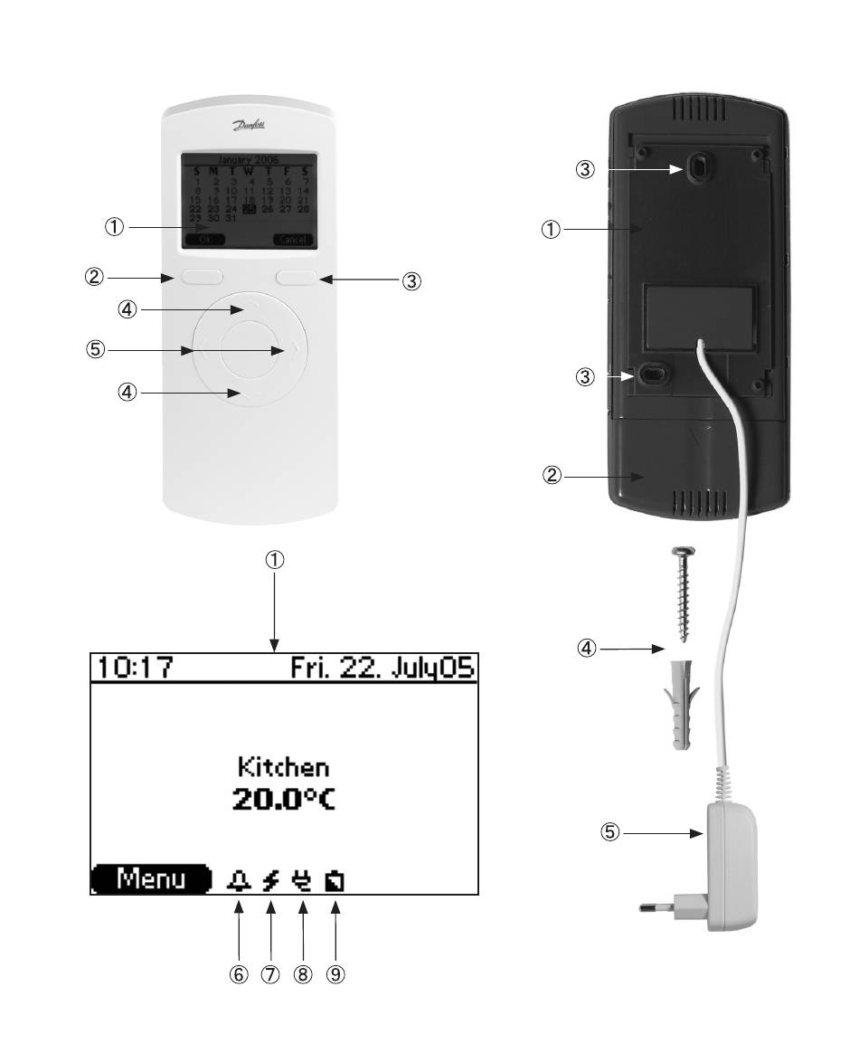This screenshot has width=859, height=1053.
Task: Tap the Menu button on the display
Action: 151,878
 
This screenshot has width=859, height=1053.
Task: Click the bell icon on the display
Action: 239,879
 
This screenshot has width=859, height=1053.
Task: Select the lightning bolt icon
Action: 269,879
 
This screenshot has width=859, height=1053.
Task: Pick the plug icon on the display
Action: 302,879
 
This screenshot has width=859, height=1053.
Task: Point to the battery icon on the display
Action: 335,879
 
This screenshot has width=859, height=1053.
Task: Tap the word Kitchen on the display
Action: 283,767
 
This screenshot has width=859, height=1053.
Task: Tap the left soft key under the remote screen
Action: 201,277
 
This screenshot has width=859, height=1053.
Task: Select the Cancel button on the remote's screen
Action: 291,240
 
